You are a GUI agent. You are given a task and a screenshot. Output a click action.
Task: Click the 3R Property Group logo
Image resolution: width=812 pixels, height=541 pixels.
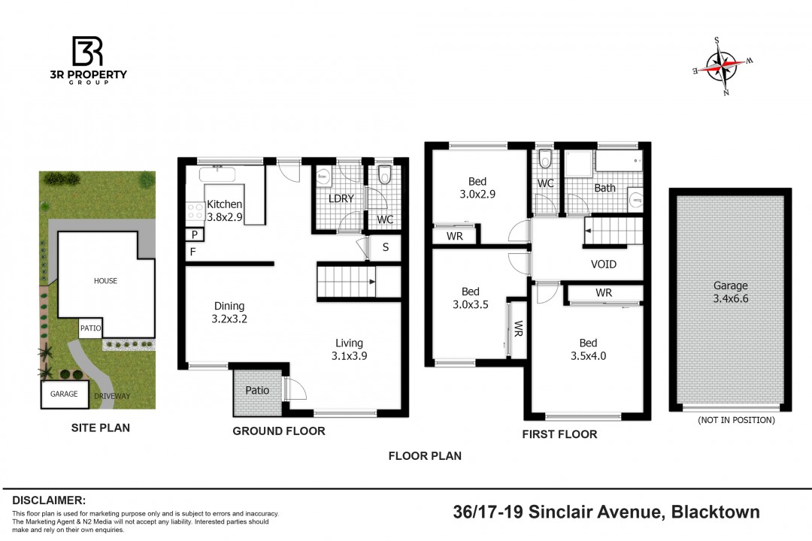coord(88,59)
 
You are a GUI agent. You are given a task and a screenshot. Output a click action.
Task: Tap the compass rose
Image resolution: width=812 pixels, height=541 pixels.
coord(723,66)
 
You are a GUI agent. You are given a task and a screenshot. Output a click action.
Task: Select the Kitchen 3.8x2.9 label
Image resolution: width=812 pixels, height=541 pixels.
coord(224,210)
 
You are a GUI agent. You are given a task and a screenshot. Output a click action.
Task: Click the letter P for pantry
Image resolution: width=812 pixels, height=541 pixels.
coord(195,234)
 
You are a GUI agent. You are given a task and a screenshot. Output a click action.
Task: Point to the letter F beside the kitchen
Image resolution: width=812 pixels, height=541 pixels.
coord(192,252)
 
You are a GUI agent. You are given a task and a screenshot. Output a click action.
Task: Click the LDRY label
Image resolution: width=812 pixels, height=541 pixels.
coord(341,198)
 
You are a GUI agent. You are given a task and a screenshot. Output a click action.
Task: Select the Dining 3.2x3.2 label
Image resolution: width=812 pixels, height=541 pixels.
coord(229,312)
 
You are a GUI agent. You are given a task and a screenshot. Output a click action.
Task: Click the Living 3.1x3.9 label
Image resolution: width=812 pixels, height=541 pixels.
coord(349,349)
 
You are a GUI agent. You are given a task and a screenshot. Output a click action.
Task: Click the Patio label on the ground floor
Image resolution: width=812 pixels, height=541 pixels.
coord(257,391)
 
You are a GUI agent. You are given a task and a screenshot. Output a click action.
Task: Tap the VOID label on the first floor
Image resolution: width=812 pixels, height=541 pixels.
coord(604,264)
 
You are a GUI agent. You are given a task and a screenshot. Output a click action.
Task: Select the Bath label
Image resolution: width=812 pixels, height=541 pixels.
coord(604,188)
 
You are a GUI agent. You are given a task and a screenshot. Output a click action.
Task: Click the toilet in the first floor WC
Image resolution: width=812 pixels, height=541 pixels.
coord(545,159)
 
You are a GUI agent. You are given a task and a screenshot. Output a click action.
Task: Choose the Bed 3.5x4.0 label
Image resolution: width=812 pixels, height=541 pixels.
coord(588,349)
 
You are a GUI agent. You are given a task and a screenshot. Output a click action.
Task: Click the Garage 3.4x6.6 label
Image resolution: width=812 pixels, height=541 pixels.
coord(731,292)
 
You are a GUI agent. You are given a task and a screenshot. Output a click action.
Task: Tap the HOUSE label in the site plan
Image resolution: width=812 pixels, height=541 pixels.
coord(106,280)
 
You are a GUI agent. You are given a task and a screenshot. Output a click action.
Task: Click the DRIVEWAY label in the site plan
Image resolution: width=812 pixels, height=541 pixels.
coord(112,396)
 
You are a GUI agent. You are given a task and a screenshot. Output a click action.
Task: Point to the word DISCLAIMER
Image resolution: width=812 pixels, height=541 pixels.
coord(49,500)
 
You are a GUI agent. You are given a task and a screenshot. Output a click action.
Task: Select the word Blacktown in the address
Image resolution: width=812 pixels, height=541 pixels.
coord(716,512)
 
